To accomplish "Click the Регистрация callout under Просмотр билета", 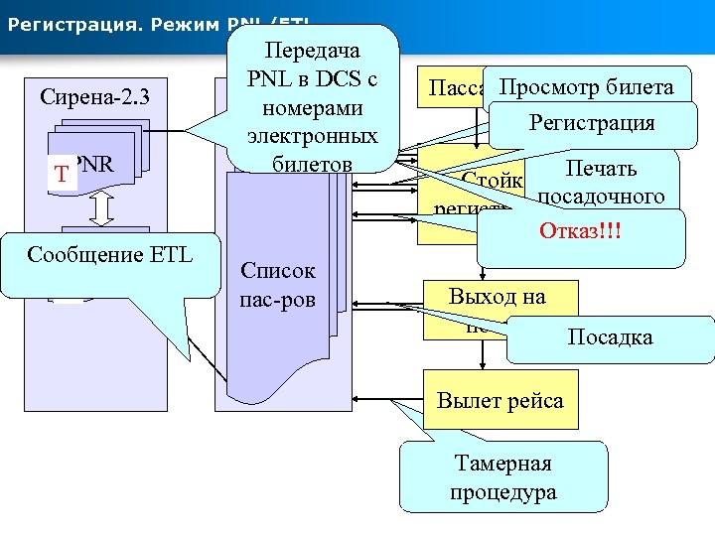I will (591, 123).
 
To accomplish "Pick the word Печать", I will (601, 168).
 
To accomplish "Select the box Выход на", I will (497, 296).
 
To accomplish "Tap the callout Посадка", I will (610, 336).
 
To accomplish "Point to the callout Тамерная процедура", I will (502, 477).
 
